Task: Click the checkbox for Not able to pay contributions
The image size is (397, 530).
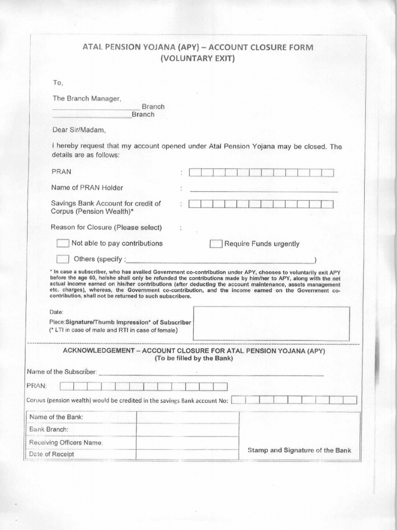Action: [x=63, y=243]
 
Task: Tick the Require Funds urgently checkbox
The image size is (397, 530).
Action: [x=216, y=244]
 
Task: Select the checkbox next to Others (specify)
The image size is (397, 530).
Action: [x=63, y=258]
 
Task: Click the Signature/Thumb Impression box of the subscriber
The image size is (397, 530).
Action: [x=271, y=323]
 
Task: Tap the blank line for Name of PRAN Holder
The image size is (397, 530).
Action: [x=264, y=189]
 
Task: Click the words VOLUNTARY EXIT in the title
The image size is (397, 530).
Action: [x=198, y=58]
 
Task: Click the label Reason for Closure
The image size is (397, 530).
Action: [x=106, y=227]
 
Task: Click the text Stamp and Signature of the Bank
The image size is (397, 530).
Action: [x=299, y=450]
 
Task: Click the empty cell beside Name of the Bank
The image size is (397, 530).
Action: [x=187, y=417]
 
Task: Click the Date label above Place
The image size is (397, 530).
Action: [x=56, y=312]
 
